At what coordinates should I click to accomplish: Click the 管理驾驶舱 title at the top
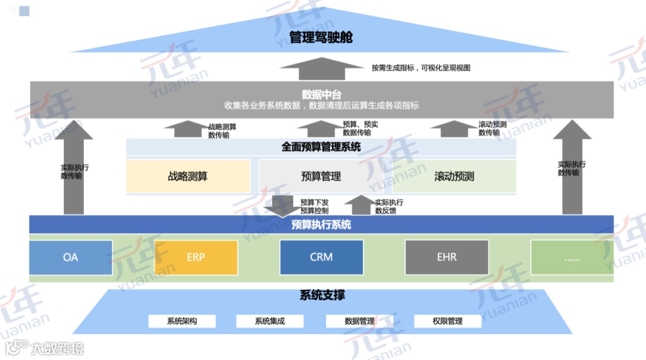click(x=321, y=37)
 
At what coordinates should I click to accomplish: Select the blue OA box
click(x=71, y=257)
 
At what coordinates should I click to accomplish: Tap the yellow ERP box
click(x=196, y=257)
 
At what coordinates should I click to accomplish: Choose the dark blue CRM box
click(x=321, y=257)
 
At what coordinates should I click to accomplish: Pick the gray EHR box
click(x=446, y=257)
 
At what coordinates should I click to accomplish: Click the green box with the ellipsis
click(x=572, y=257)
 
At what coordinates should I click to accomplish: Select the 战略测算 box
click(x=188, y=176)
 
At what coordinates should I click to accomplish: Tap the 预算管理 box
click(x=321, y=176)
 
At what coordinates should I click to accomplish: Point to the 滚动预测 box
click(x=454, y=176)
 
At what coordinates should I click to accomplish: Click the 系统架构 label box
click(x=182, y=321)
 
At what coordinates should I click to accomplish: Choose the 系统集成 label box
click(x=270, y=321)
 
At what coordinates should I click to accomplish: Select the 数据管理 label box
click(x=359, y=321)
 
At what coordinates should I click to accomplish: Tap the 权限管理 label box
click(x=447, y=321)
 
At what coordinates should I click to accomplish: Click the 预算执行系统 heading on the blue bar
click(x=321, y=225)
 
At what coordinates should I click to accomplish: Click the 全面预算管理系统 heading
click(x=321, y=147)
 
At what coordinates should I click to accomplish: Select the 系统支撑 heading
click(x=322, y=295)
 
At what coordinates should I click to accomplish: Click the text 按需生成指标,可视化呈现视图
click(x=420, y=68)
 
